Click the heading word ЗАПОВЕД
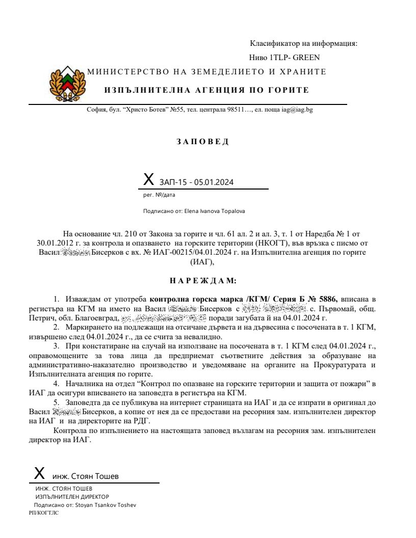pos(203,142)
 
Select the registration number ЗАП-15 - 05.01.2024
pos(197,181)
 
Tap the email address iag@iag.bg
pos(297,110)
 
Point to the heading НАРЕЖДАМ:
pos(203,281)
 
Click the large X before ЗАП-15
pos(148,179)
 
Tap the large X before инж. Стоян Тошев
pos(39,473)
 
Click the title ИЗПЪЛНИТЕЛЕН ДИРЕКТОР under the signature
pos(72,496)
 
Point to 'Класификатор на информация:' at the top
pos(304,43)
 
